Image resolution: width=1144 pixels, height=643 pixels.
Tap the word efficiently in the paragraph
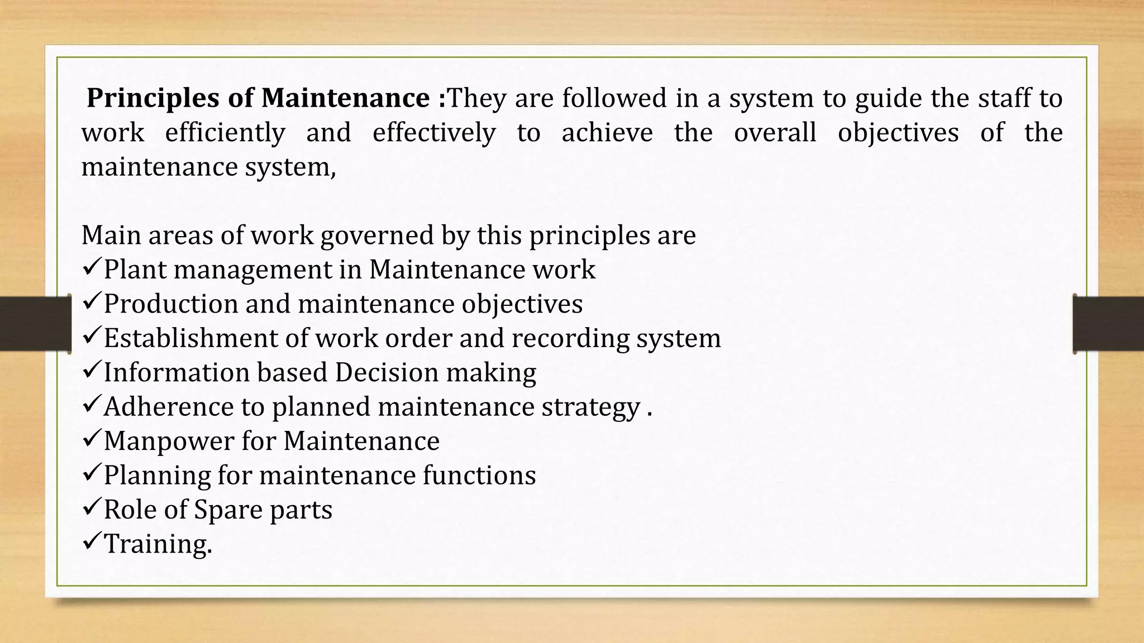(225, 133)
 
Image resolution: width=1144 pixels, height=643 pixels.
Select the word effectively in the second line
(434, 133)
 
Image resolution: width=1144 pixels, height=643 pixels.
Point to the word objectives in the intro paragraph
(898, 133)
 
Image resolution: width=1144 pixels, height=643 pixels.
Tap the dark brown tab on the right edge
(1108, 324)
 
